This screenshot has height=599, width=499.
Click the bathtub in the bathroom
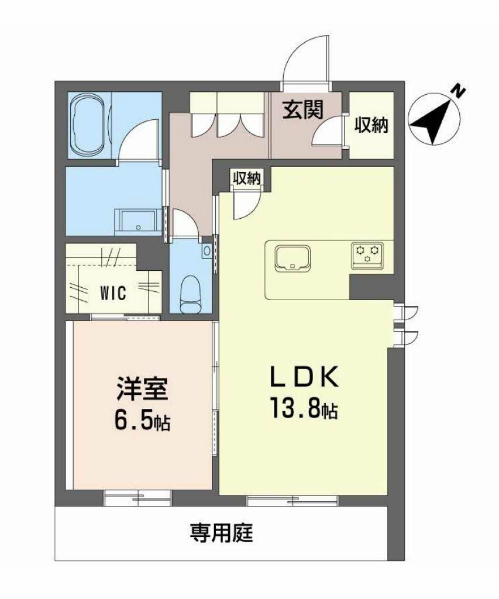88,125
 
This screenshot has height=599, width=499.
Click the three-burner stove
367,254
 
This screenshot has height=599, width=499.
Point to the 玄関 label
303,109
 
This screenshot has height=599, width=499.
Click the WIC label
113,294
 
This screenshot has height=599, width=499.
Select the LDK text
305,377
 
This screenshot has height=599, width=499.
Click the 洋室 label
142,388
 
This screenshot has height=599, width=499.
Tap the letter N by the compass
458,91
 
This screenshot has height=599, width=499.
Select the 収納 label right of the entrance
371,125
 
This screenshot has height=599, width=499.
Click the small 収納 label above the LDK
247,178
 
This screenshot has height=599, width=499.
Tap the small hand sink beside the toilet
207,250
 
